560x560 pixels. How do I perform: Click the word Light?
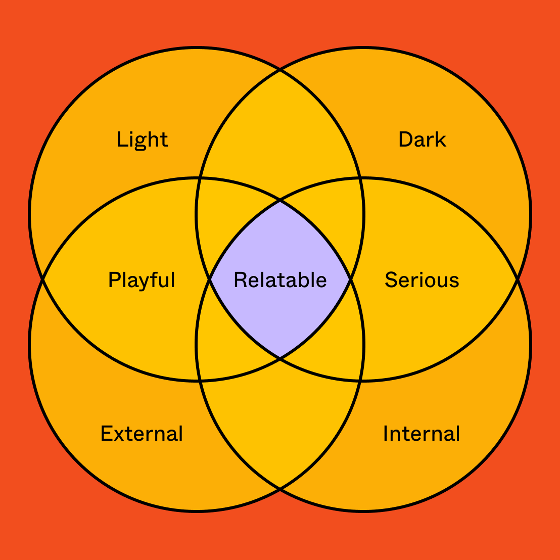pyautogui.click(x=142, y=139)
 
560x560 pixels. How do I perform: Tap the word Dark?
pyautogui.click(x=422, y=139)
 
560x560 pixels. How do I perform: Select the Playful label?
pyautogui.click(x=142, y=280)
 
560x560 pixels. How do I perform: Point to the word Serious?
pyautogui.click(x=422, y=280)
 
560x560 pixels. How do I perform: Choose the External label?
pyautogui.click(x=142, y=434)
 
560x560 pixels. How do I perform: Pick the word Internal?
pyautogui.click(x=422, y=434)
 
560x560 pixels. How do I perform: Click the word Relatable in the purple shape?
pyautogui.click(x=280, y=280)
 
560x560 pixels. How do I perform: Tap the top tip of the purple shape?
pyautogui.click(x=280, y=201)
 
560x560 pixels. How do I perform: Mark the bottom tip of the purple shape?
pyautogui.click(x=280, y=358)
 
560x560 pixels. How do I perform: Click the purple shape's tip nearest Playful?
pyautogui.click(x=210, y=279)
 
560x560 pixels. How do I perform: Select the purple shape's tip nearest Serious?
pyautogui.click(x=350, y=279)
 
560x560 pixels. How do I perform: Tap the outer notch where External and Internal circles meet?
pyautogui.click(x=280, y=489)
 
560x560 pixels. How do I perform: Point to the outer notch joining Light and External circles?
pyautogui.click(x=43, y=279)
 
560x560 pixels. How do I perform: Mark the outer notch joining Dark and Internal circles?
pyautogui.click(x=517, y=279)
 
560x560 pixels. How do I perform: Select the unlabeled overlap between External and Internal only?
pyautogui.click(x=280, y=430)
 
